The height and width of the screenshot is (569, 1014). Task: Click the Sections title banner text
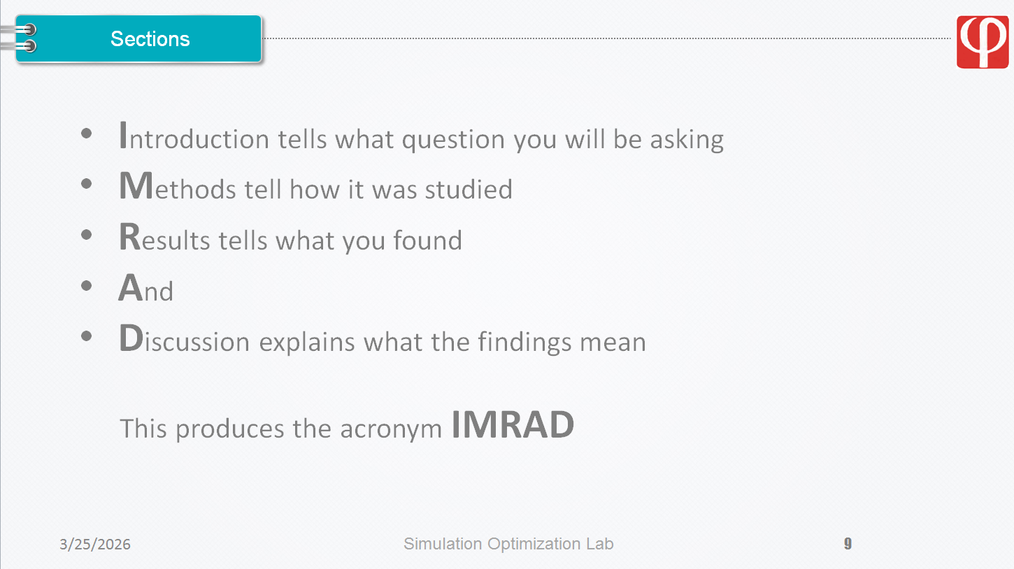click(x=150, y=39)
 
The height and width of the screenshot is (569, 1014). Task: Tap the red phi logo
click(x=983, y=42)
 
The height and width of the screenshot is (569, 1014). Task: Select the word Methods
click(x=178, y=186)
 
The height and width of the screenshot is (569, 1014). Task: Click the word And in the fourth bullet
click(x=145, y=288)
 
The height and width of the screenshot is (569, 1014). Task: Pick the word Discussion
click(x=184, y=338)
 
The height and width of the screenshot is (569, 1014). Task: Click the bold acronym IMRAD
click(x=513, y=424)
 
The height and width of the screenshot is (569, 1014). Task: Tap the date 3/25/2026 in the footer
click(x=95, y=544)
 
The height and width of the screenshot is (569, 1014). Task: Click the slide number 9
click(x=848, y=543)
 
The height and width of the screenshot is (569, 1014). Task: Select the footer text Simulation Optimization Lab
click(x=508, y=544)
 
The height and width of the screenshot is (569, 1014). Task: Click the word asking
click(x=687, y=139)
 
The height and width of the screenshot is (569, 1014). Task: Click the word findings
click(x=524, y=342)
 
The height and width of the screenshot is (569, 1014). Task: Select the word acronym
click(x=391, y=429)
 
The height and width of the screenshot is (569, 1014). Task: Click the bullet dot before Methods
click(x=87, y=184)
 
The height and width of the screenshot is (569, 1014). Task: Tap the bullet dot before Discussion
click(x=87, y=336)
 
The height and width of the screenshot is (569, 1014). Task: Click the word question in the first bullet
click(x=453, y=139)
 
